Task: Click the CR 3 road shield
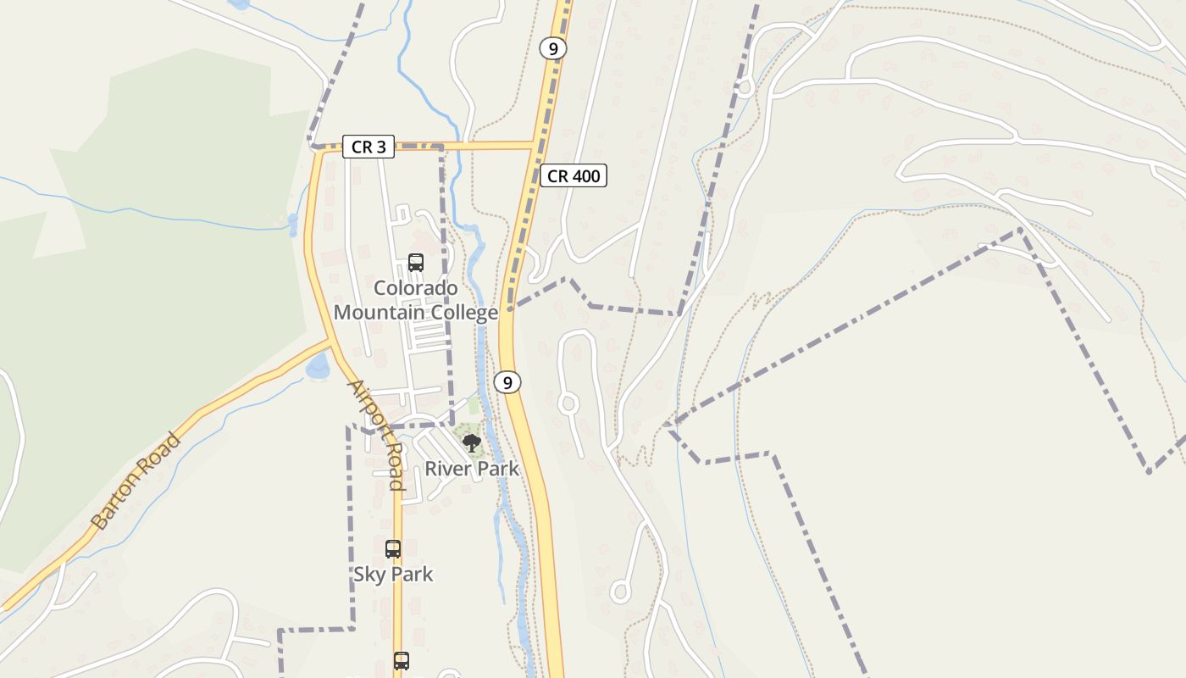pos(369,147)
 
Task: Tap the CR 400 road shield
pos(574,176)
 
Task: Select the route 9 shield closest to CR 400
pos(553,49)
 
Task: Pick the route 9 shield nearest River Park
pos(507,382)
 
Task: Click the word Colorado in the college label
pos(415,288)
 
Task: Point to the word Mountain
pos(379,313)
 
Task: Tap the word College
pos(464,313)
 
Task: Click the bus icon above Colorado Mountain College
pos(415,263)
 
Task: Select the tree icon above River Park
pos(471,442)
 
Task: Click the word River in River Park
pos(443,469)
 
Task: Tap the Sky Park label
pos(393,575)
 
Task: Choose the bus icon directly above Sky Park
pos(392,549)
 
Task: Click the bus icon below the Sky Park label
pos(401,661)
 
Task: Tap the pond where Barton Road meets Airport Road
pos(319,366)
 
